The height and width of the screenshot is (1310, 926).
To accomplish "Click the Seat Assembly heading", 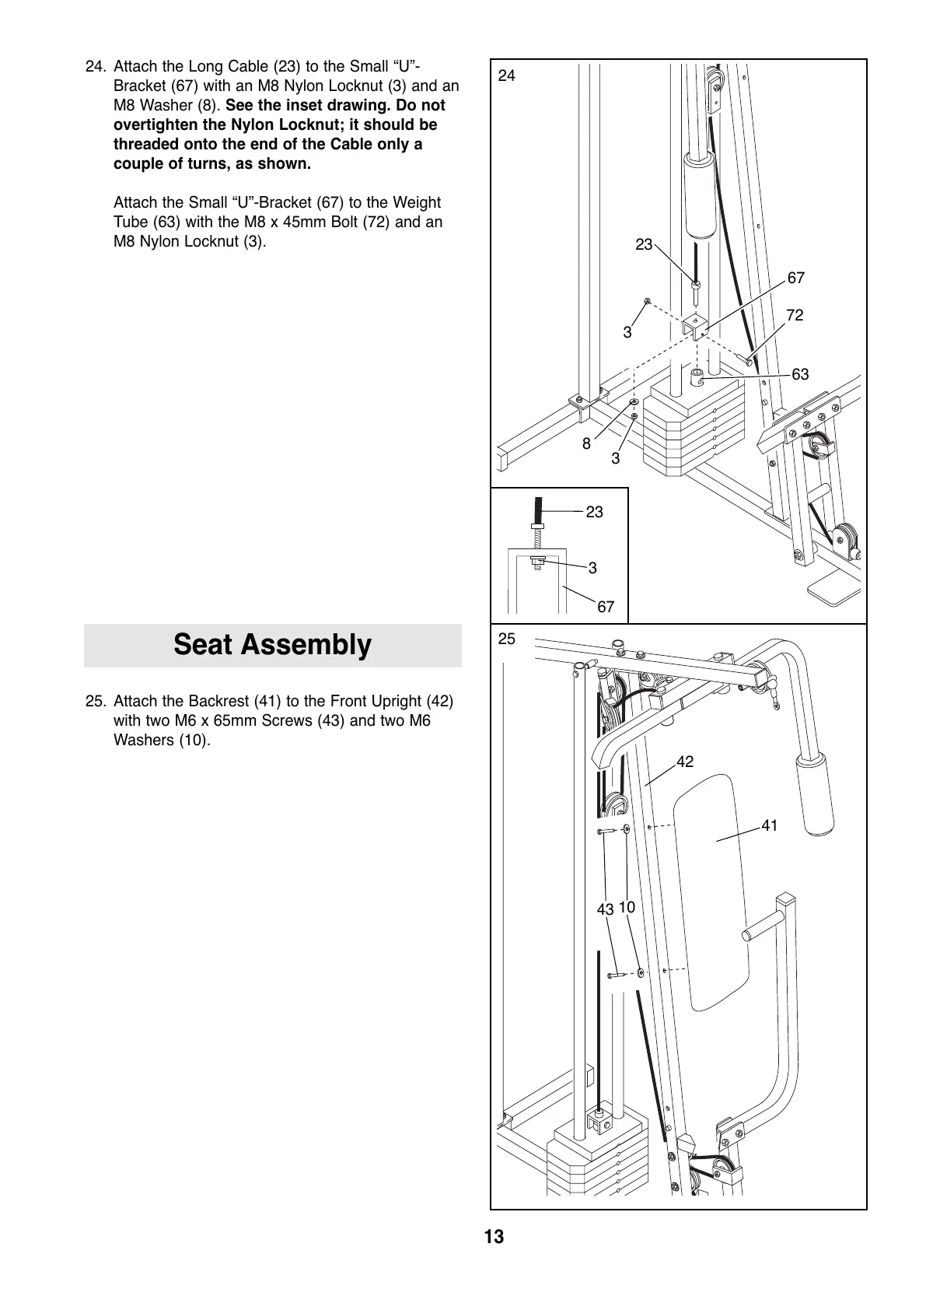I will pyautogui.click(x=272, y=645).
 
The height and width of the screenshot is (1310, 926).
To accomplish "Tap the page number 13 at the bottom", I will pyautogui.click(x=494, y=1237).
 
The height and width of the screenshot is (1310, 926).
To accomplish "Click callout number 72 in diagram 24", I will pyautogui.click(x=794, y=315).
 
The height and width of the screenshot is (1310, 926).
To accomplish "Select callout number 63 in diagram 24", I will pyautogui.click(x=800, y=374).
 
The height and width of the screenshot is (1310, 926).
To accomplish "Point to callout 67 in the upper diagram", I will pyautogui.click(x=795, y=278).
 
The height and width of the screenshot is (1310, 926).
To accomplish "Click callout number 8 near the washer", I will pyautogui.click(x=587, y=444).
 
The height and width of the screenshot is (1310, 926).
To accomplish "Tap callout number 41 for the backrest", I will pyautogui.click(x=769, y=825).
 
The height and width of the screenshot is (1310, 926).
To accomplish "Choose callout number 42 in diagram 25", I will pyautogui.click(x=684, y=762).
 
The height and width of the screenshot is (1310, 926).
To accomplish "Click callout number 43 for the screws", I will pyautogui.click(x=605, y=909).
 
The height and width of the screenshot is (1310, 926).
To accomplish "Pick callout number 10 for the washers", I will pyautogui.click(x=627, y=907).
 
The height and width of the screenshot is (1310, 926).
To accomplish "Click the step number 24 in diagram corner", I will pyautogui.click(x=506, y=75).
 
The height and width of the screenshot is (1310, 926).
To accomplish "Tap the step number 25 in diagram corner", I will pyautogui.click(x=506, y=639).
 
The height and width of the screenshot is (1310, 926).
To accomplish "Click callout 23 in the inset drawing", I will pyautogui.click(x=594, y=512).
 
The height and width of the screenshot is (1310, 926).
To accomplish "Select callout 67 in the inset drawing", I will pyautogui.click(x=606, y=607).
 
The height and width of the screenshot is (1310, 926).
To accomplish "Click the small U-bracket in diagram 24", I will pyautogui.click(x=694, y=326).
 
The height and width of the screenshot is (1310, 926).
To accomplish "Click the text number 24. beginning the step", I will pyautogui.click(x=96, y=66).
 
